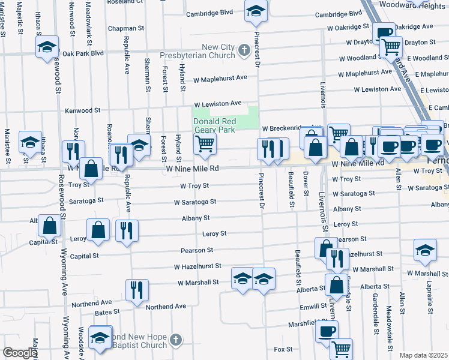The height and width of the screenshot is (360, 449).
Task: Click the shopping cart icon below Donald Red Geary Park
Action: (x=205, y=143)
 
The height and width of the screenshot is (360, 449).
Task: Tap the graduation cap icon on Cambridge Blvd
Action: (x=256, y=11)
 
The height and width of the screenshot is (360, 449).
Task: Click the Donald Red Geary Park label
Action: (x=215, y=125)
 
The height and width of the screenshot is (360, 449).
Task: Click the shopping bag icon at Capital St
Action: (x=50, y=226)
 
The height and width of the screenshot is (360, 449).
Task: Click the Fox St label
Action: (x=283, y=349)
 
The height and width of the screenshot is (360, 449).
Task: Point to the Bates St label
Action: (x=108, y=313)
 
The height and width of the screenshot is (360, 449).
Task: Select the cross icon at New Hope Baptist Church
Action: (x=175, y=340)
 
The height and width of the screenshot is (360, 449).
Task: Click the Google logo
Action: (x=19, y=353)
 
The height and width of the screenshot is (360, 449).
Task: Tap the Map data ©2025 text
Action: (x=423, y=355)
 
